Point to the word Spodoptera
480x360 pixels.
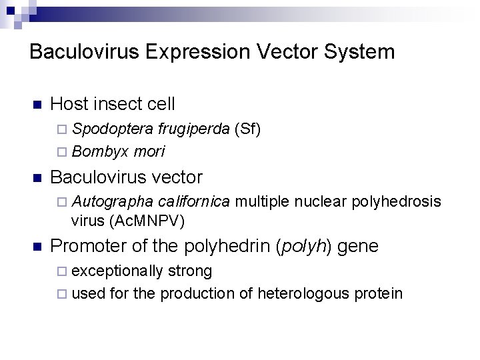click(103, 128)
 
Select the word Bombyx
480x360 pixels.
click(99, 151)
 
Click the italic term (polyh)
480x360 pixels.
click(305, 247)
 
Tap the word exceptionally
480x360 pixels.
click(117, 271)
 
